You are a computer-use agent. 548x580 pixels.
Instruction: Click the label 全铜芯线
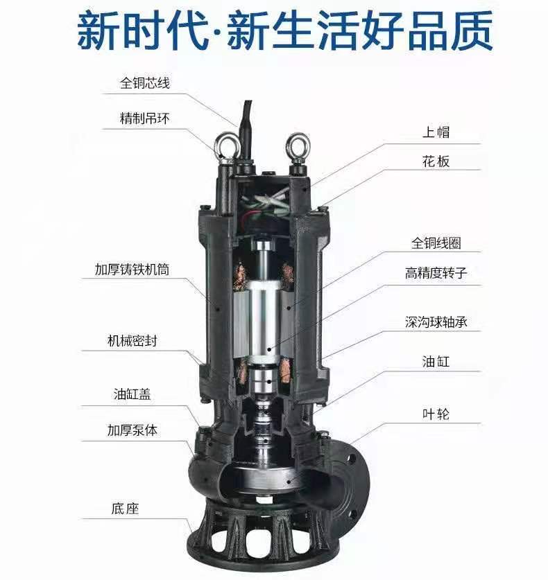(145, 82)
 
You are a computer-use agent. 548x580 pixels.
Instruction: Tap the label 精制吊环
(145, 118)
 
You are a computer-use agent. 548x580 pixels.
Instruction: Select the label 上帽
(436, 132)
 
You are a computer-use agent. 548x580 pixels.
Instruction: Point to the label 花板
(436, 161)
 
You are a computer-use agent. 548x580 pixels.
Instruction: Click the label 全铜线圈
(436, 243)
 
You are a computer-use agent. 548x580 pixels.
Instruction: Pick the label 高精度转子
(436, 273)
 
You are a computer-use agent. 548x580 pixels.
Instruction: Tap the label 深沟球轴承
(436, 322)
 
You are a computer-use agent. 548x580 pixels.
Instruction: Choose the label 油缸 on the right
(436, 362)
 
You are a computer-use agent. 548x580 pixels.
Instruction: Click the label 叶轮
(436, 414)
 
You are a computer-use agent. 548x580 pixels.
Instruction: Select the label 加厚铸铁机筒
(132, 270)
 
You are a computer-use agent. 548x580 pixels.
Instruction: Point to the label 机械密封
(132, 341)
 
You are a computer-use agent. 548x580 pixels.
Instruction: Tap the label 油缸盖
(132, 394)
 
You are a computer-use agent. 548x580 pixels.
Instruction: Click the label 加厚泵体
(132, 430)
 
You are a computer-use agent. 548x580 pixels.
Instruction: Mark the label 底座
(125, 509)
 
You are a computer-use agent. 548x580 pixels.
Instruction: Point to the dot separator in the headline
(218, 31)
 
